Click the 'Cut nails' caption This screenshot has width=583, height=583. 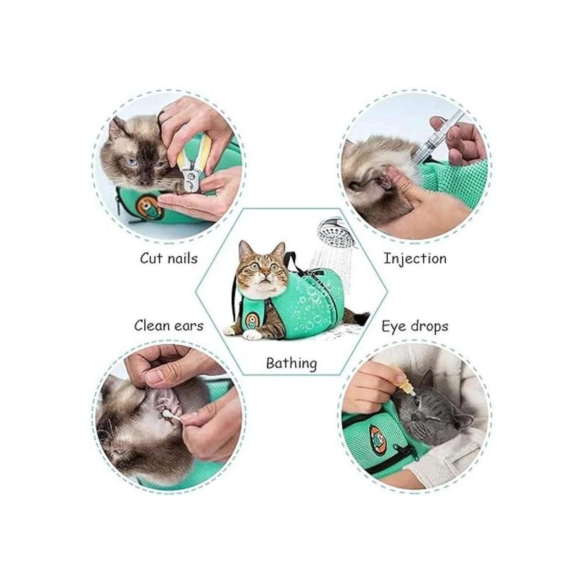tap(169, 258)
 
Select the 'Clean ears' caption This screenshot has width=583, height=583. tap(169, 326)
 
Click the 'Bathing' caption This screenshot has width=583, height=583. tap(291, 363)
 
